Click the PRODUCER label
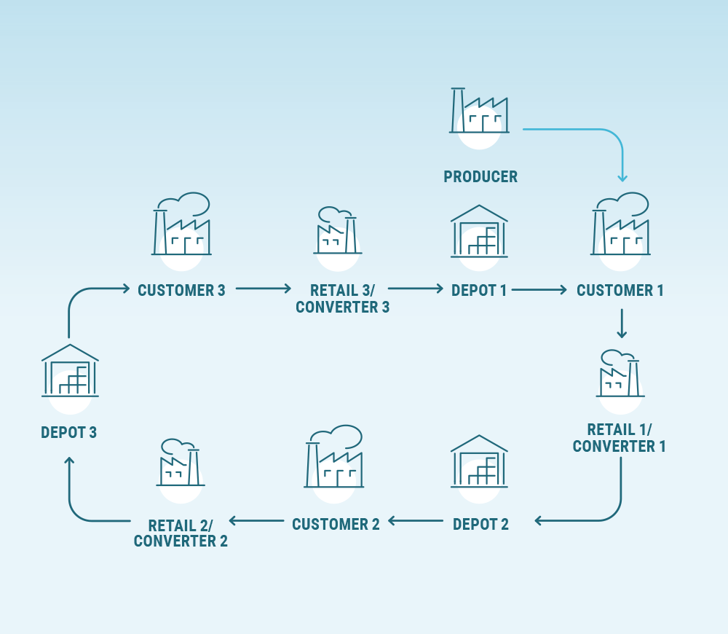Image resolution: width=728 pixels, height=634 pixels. coord(480,177)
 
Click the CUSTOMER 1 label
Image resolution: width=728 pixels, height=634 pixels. coord(620,291)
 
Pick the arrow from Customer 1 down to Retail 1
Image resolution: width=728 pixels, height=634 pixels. coord(621,324)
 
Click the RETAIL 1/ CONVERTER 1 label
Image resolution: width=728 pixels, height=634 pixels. coord(620,437)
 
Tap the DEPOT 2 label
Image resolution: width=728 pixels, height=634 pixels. coord(480,524)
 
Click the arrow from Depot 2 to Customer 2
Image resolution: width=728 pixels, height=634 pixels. coord(416,521)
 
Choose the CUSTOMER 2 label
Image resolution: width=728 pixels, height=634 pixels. coord(336,524)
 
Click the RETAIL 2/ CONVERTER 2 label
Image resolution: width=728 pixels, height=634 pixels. coord(181,533)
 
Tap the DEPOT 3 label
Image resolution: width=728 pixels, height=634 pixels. coord(69,433)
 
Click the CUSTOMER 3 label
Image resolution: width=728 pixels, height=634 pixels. coord(181,291)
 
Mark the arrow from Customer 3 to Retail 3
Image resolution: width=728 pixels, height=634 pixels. coord(263,289)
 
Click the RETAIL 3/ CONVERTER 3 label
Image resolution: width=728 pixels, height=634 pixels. coord(342,299)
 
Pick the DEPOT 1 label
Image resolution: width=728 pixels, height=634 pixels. coord(479,291)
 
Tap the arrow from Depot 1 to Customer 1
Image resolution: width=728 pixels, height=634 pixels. coord(539,289)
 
